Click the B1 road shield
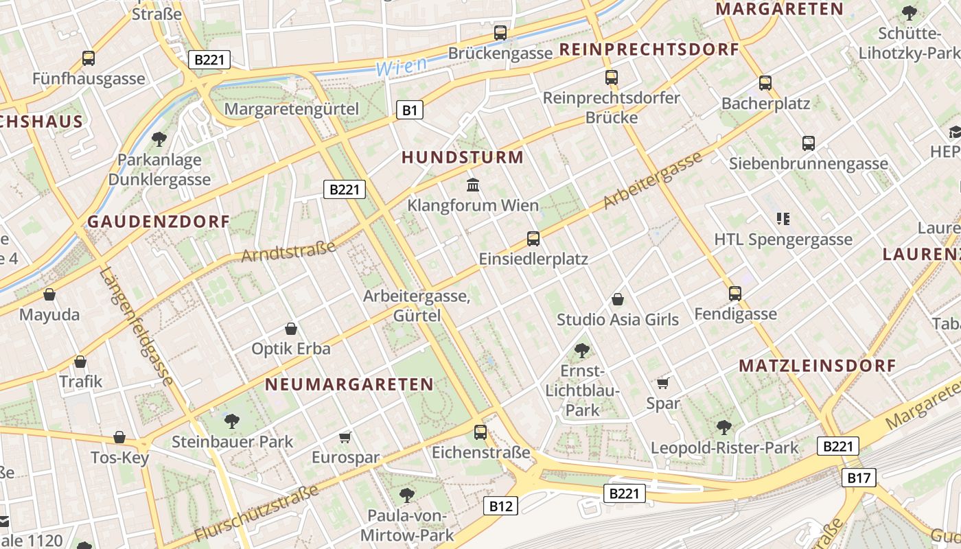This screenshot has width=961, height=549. tap(409, 110)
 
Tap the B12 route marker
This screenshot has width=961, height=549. tap(500, 506)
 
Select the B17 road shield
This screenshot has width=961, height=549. tap(858, 478)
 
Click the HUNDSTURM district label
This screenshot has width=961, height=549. tap(462, 157)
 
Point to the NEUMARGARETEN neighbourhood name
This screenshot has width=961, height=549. tap(349, 384)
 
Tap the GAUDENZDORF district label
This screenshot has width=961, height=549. tap(159, 222)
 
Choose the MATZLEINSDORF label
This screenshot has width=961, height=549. tap(818, 366)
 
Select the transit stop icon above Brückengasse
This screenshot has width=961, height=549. tap(500, 32)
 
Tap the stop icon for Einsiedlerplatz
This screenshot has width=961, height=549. tap(533, 239)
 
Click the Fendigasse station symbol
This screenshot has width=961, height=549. tap(735, 294)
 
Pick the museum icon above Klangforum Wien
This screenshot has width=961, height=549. tap(473, 185)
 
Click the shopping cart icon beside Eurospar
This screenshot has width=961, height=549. tap(345, 437)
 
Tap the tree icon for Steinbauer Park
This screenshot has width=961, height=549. tap(232, 421)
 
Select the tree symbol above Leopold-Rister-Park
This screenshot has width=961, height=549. tap(724, 428)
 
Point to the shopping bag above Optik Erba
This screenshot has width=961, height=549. tap(291, 329)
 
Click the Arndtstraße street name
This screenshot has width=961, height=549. tap(288, 251)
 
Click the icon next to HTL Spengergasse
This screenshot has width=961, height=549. tap(783, 219)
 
